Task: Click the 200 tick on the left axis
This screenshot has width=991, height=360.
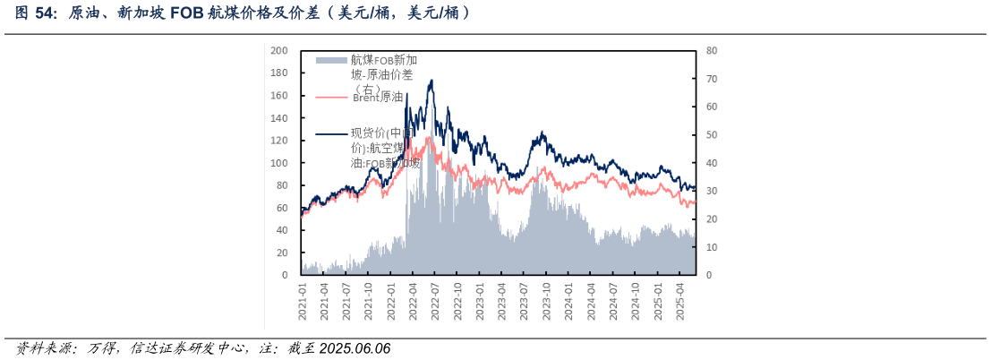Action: point(279,50)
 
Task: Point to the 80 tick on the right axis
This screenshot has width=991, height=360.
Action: point(711,50)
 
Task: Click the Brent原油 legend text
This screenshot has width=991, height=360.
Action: point(377,97)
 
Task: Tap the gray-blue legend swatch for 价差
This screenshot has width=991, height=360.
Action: point(330,60)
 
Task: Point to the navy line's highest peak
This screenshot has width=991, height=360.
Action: point(431,81)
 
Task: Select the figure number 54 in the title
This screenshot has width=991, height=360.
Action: point(46,13)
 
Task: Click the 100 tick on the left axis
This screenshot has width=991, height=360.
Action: point(279,163)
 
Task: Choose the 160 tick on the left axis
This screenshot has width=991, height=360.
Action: point(279,95)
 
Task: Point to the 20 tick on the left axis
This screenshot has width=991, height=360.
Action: point(282,253)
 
